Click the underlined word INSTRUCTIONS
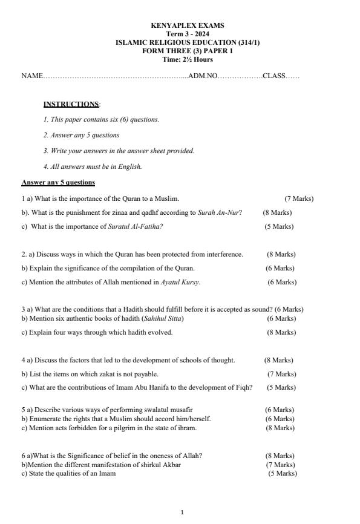click(x=71, y=104)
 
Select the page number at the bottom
click(x=182, y=513)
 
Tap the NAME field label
click(x=32, y=76)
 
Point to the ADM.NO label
click(x=202, y=76)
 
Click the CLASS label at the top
click(x=273, y=76)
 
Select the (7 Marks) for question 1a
click(x=299, y=198)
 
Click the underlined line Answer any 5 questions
click(x=58, y=182)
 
